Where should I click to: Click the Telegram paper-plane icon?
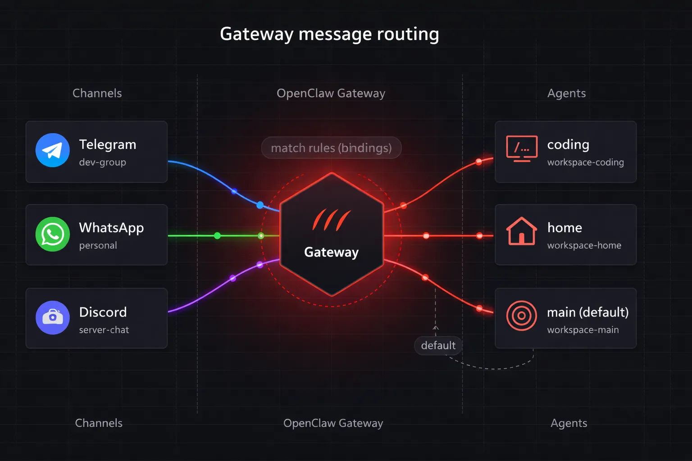click(53, 150)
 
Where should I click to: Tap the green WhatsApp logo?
click(53, 234)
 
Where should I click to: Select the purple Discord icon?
click(53, 317)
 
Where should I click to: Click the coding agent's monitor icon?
click(522, 148)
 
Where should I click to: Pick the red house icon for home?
click(522, 231)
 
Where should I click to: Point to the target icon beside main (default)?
click(522, 316)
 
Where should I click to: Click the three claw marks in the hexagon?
click(331, 220)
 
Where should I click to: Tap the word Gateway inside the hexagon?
click(331, 252)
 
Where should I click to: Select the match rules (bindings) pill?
click(331, 148)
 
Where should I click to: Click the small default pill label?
click(438, 345)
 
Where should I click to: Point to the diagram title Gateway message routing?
click(329, 34)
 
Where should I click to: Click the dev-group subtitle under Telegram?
click(102, 162)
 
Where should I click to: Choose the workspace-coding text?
click(585, 162)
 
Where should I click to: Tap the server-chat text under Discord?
click(104, 330)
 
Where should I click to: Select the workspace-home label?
click(584, 245)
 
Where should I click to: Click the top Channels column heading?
click(97, 93)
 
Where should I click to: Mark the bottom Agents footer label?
click(569, 423)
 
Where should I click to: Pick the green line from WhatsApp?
click(194, 235)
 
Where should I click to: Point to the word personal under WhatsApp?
click(98, 245)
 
